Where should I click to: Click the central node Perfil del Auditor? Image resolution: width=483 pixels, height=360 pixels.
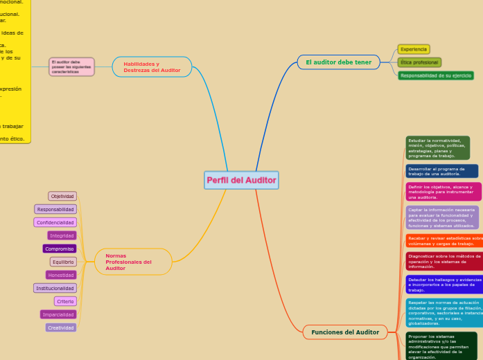[241, 180]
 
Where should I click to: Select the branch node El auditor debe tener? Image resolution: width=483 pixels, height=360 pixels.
[338, 62]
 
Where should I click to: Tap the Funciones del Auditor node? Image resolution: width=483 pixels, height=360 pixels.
[344, 332]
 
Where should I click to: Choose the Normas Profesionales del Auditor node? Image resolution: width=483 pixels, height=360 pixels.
[133, 262]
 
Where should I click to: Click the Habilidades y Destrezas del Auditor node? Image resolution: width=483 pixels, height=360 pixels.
[152, 66]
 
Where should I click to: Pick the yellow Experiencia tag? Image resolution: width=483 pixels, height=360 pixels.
[414, 49]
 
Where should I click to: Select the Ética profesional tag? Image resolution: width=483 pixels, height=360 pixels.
[419, 62]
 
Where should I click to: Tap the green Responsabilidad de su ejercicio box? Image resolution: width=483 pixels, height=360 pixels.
[436, 75]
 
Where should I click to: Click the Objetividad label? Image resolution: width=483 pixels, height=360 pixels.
[62, 196]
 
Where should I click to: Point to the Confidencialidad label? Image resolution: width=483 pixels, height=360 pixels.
[55, 222]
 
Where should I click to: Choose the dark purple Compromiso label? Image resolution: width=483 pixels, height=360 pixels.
[60, 249]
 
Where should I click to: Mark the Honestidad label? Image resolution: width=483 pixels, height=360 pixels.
[61, 275]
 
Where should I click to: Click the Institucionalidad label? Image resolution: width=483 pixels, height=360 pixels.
[55, 288]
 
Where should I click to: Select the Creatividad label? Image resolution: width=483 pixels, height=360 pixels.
[61, 327]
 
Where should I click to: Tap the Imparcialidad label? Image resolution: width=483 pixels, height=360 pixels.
[58, 314]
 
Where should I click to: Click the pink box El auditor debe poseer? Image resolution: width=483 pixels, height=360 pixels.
[72, 66]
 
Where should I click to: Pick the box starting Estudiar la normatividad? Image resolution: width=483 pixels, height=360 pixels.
[437, 148]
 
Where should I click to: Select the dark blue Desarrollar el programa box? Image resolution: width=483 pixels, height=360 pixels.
[441, 171]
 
